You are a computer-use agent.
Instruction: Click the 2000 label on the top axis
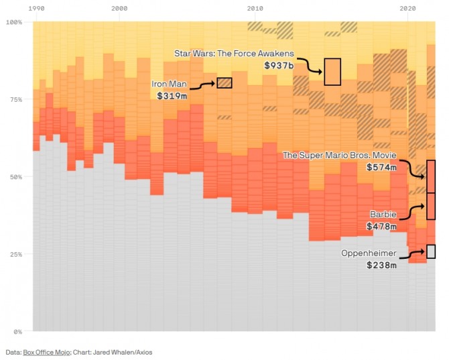[x=120, y=8]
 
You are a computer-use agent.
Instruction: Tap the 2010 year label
[x=255, y=8]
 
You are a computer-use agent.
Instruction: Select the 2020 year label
[x=407, y=8]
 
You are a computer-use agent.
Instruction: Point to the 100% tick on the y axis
[x=14, y=22]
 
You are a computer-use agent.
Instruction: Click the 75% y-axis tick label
[x=15, y=99]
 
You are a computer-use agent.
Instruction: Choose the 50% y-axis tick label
[x=15, y=177]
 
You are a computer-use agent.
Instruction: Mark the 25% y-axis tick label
[x=15, y=254]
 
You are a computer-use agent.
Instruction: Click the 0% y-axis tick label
[x=17, y=332]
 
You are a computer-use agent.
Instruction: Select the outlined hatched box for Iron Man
[x=224, y=83]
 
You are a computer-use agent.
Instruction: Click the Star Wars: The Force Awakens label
[x=234, y=53]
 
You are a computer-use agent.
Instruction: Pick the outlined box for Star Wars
[x=332, y=72]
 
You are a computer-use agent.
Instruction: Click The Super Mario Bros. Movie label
[x=339, y=156]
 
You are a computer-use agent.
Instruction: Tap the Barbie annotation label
[x=383, y=215]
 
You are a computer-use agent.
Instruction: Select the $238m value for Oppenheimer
[x=381, y=265]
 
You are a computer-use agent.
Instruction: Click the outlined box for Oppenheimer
[x=431, y=251]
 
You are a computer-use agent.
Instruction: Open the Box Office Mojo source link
[x=48, y=351]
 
